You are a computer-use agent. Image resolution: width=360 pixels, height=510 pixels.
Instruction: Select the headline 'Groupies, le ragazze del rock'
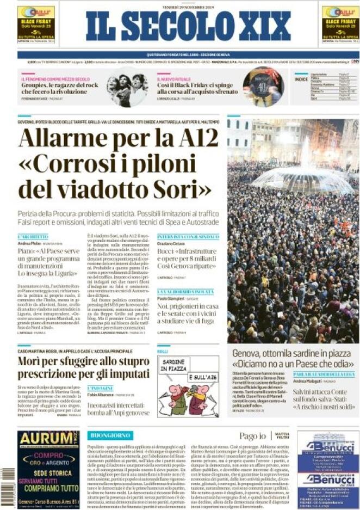pos(60,85)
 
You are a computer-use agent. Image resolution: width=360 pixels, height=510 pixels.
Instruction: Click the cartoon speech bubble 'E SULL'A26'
pos(202,377)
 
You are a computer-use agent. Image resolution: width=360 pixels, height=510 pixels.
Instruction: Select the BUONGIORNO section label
pos(110,435)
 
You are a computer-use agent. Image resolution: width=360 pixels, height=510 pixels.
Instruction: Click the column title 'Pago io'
pos(253,436)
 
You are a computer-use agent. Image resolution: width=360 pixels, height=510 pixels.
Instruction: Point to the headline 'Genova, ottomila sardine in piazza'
pos(293,353)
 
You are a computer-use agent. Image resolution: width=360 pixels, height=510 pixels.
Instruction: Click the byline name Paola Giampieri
pos(171,299)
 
